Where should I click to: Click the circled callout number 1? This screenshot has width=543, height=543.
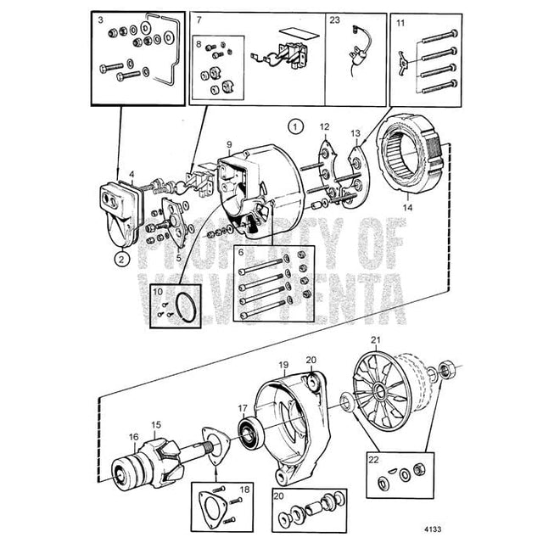tap(295, 127)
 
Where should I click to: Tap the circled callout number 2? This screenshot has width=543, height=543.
tap(121, 259)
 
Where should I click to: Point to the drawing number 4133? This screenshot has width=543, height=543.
tap(433, 529)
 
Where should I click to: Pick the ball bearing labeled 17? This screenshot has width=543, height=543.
tap(249, 434)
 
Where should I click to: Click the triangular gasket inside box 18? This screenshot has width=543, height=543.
tap(212, 508)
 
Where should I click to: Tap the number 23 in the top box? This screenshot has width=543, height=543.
tap(334, 20)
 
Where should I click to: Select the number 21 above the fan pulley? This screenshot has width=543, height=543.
tap(376, 340)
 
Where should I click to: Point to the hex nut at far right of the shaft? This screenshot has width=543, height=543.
tap(447, 370)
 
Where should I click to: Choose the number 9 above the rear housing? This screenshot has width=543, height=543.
tap(229, 145)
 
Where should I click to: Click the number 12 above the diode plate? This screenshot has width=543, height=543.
tap(324, 127)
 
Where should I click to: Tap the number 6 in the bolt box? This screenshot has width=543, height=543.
tap(241, 253)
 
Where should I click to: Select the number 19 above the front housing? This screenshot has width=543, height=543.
tap(283, 365)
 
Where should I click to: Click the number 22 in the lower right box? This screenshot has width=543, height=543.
tap(373, 460)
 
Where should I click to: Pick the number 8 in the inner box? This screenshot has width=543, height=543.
tap(199, 44)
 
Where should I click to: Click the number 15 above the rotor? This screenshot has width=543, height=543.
tap(156, 424)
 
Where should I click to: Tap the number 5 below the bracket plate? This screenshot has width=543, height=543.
tap(179, 258)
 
